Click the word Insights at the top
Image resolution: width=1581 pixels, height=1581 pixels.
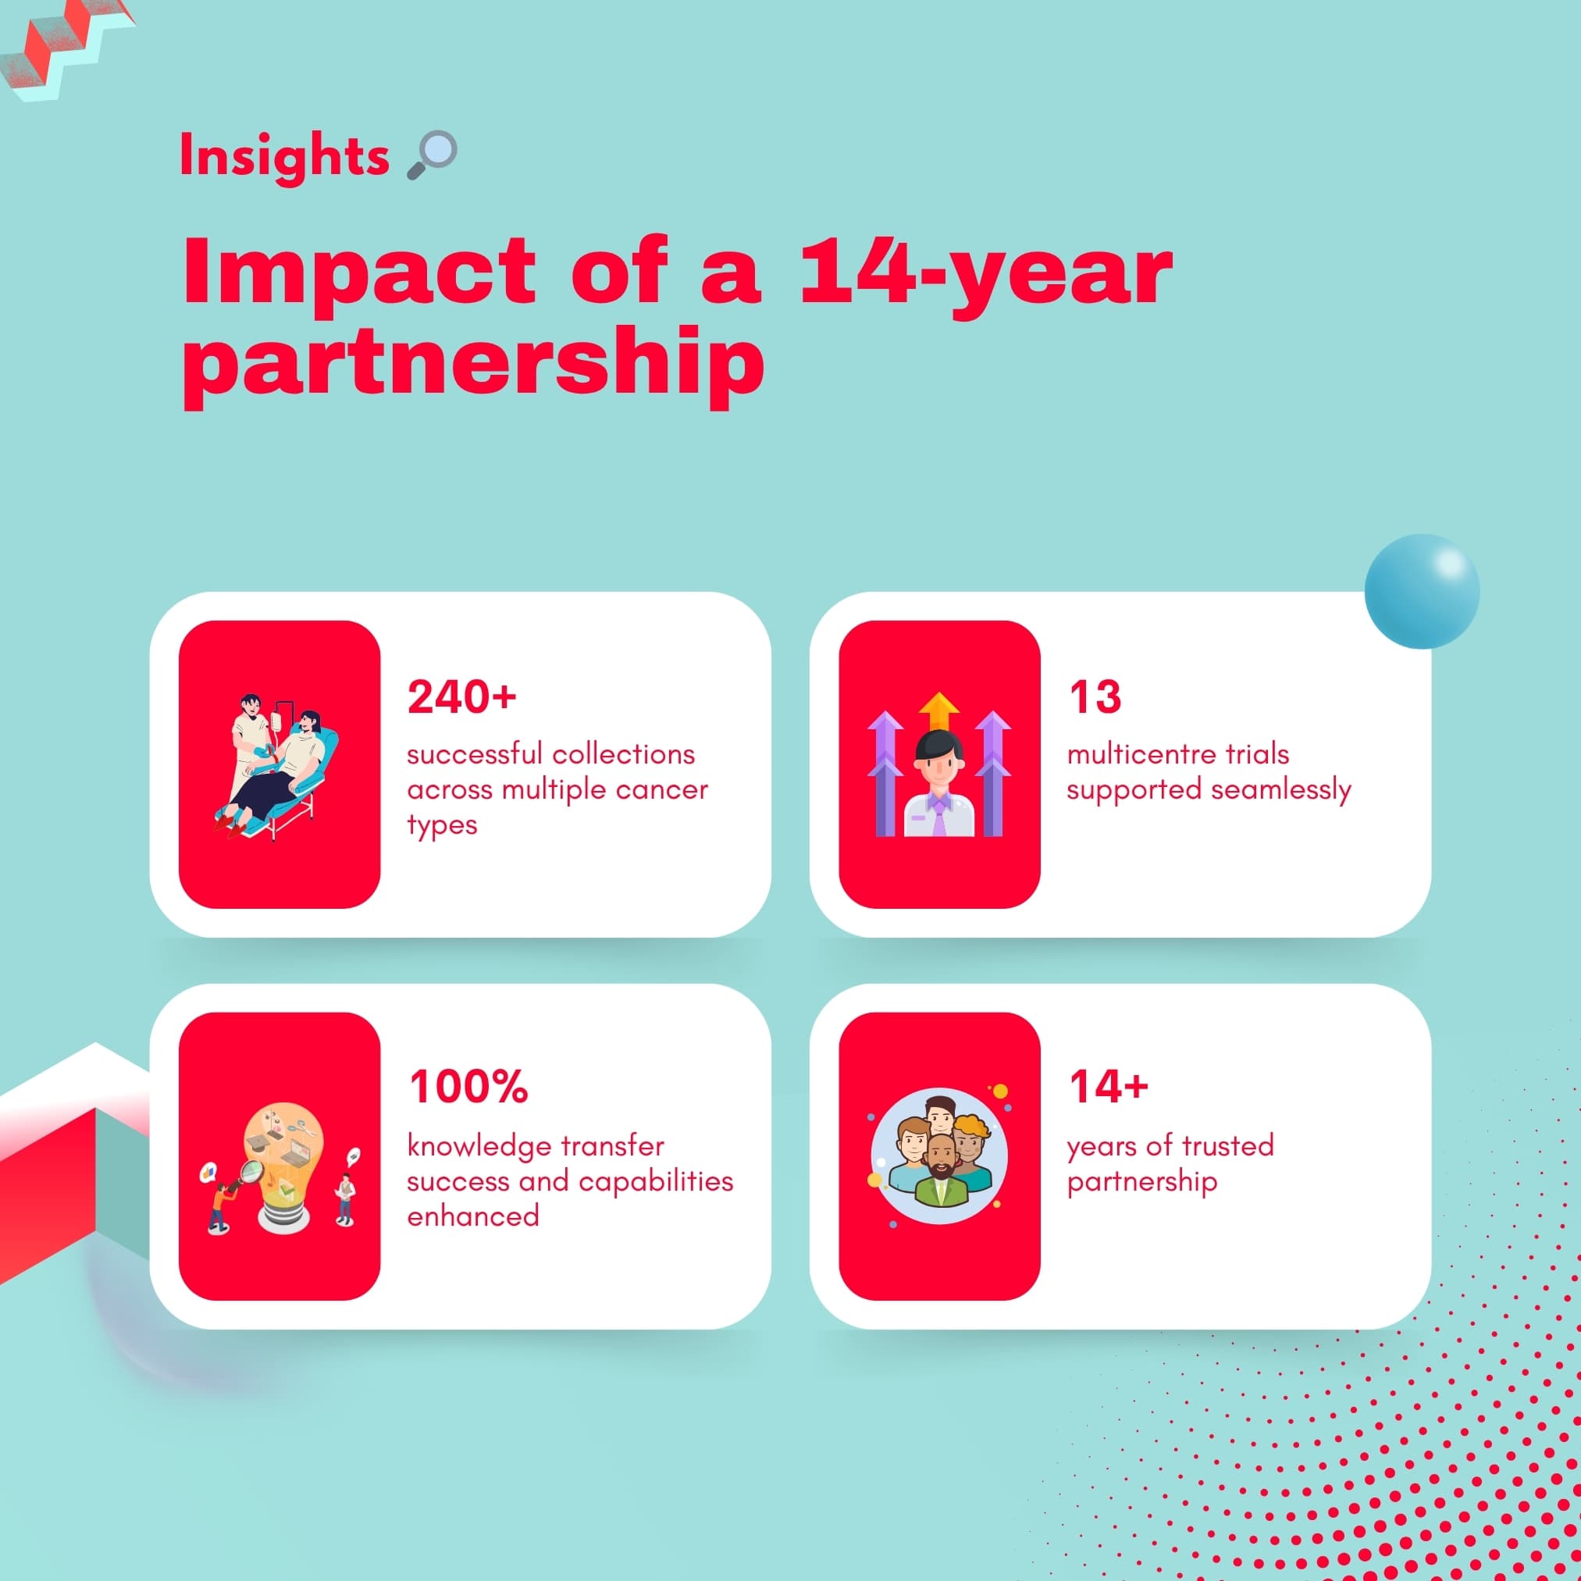click(284, 155)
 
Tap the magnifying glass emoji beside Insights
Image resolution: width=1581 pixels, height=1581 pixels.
click(432, 154)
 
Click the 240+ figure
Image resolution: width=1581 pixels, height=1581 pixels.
click(461, 697)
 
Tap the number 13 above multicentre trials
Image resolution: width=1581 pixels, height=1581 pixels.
click(1094, 697)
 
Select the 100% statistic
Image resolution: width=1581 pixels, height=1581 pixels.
click(468, 1087)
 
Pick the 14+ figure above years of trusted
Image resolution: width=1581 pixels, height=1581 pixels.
click(1108, 1087)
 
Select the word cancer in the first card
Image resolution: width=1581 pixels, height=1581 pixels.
click(664, 790)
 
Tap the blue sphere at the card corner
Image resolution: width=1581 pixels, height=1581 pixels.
click(1422, 592)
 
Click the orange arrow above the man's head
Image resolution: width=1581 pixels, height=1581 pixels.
click(938, 711)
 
